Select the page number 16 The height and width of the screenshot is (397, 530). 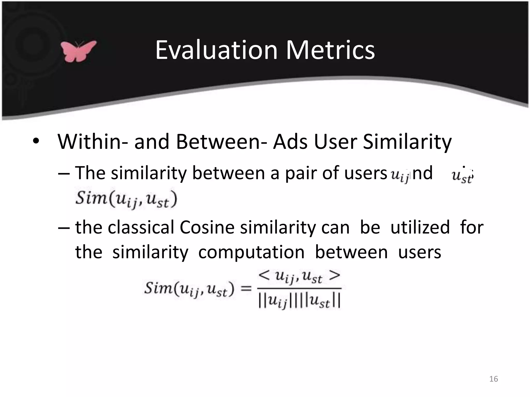494,379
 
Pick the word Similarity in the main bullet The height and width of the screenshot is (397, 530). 407,142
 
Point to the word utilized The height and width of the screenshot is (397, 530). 420,227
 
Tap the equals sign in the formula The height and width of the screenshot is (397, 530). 246,288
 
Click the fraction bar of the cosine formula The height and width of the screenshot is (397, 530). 299,289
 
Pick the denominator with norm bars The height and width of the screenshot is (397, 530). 299,301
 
